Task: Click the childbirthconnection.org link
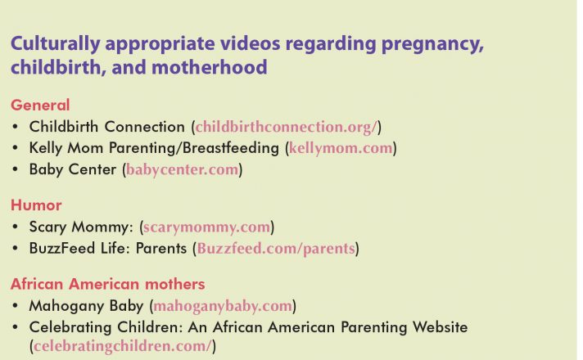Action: pos(287,127)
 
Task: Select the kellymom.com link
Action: pos(341,148)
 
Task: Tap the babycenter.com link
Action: pos(182,170)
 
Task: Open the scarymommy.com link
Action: pos(206,227)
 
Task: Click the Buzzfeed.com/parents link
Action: pos(276,249)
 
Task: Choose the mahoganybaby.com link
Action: pos(223,306)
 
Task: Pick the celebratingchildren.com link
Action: pos(122,346)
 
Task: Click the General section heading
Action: pos(40,106)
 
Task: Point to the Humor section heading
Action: pos(36,205)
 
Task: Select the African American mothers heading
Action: pos(108,284)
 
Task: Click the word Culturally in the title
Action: pos(56,44)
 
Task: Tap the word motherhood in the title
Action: pos(210,67)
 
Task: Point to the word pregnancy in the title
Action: pos(432,44)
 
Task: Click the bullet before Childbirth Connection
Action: pos(15,127)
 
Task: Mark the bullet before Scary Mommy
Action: pos(15,227)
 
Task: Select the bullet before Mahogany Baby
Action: pos(15,306)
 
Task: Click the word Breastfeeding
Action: pos(231,148)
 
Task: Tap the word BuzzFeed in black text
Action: pos(62,248)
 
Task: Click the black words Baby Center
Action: pos(73,169)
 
